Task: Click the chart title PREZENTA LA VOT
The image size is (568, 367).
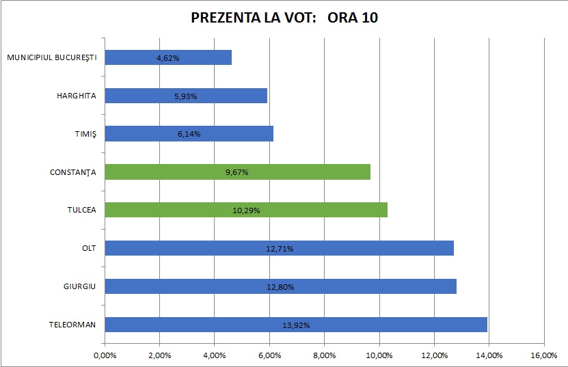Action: pyautogui.click(x=284, y=18)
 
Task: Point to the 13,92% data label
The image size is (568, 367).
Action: pyautogui.click(x=296, y=325)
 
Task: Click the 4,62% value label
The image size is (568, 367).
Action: pyautogui.click(x=167, y=58)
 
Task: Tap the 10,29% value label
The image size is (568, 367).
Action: pyautogui.click(x=246, y=210)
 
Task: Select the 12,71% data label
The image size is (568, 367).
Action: pyautogui.click(x=280, y=249)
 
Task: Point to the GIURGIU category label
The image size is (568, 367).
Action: pyautogui.click(x=81, y=286)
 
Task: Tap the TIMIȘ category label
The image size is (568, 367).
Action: pyautogui.click(x=86, y=134)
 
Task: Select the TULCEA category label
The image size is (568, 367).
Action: pyautogui.click(x=83, y=210)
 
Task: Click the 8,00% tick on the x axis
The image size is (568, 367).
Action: pyautogui.click(x=324, y=355)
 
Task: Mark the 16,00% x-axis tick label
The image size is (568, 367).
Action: pyautogui.click(x=543, y=355)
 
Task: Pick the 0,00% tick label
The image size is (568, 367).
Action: pyautogui.click(x=105, y=355)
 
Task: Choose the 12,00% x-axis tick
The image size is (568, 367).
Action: pyautogui.click(x=434, y=355)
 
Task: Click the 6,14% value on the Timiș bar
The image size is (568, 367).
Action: pyautogui.click(x=189, y=135)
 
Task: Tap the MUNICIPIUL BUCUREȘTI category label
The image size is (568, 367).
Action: pyautogui.click(x=52, y=57)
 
